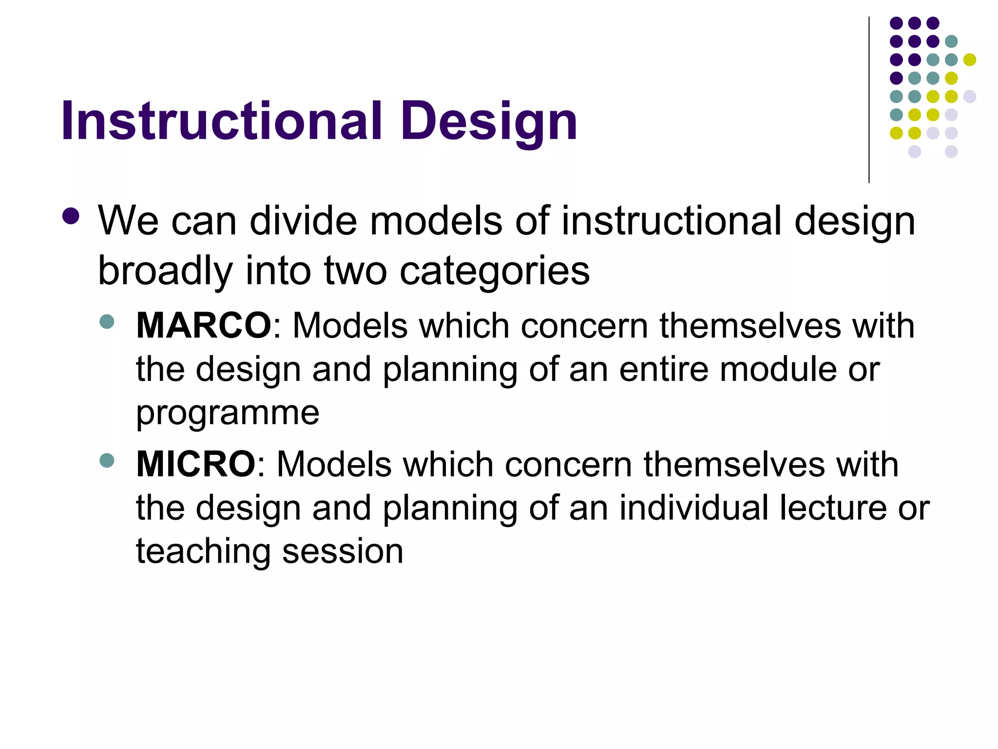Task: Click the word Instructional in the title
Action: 222,121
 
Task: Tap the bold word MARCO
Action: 203,325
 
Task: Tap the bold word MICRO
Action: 195,464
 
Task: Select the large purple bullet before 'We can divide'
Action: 71,217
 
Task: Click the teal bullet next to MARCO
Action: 106,322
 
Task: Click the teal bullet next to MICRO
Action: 106,460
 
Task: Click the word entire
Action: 663,369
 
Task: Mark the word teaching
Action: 203,552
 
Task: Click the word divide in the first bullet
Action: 303,221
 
